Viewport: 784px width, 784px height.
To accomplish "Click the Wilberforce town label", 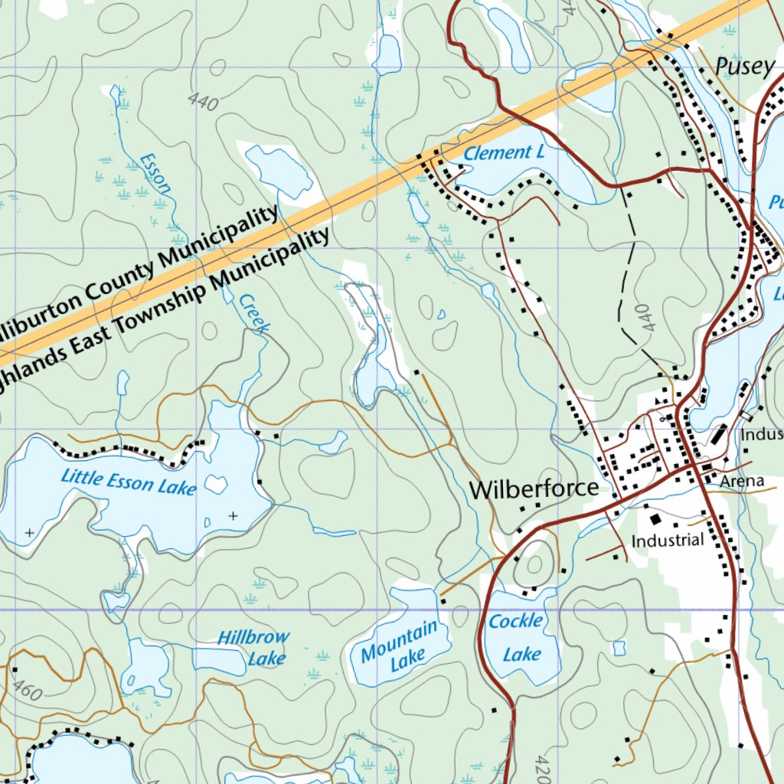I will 534,489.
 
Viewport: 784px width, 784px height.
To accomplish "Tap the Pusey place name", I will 744,67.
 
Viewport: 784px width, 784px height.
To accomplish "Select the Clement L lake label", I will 504,153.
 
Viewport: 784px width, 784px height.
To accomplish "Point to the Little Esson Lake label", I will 128,482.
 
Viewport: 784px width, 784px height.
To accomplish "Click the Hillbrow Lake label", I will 254,647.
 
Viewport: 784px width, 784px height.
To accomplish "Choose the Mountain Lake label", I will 400,645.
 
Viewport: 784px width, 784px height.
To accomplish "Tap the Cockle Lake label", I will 517,637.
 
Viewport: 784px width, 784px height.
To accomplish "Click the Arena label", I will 741,481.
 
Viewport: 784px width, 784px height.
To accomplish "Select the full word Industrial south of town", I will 667,541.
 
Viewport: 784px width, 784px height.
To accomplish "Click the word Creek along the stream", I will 254,313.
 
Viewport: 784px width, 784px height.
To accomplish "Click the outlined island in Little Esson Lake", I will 217,484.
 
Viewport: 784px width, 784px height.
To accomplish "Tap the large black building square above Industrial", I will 656,519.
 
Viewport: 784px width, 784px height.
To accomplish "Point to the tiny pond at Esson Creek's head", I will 115,94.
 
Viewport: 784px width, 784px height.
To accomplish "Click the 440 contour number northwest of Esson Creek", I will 201,101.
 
